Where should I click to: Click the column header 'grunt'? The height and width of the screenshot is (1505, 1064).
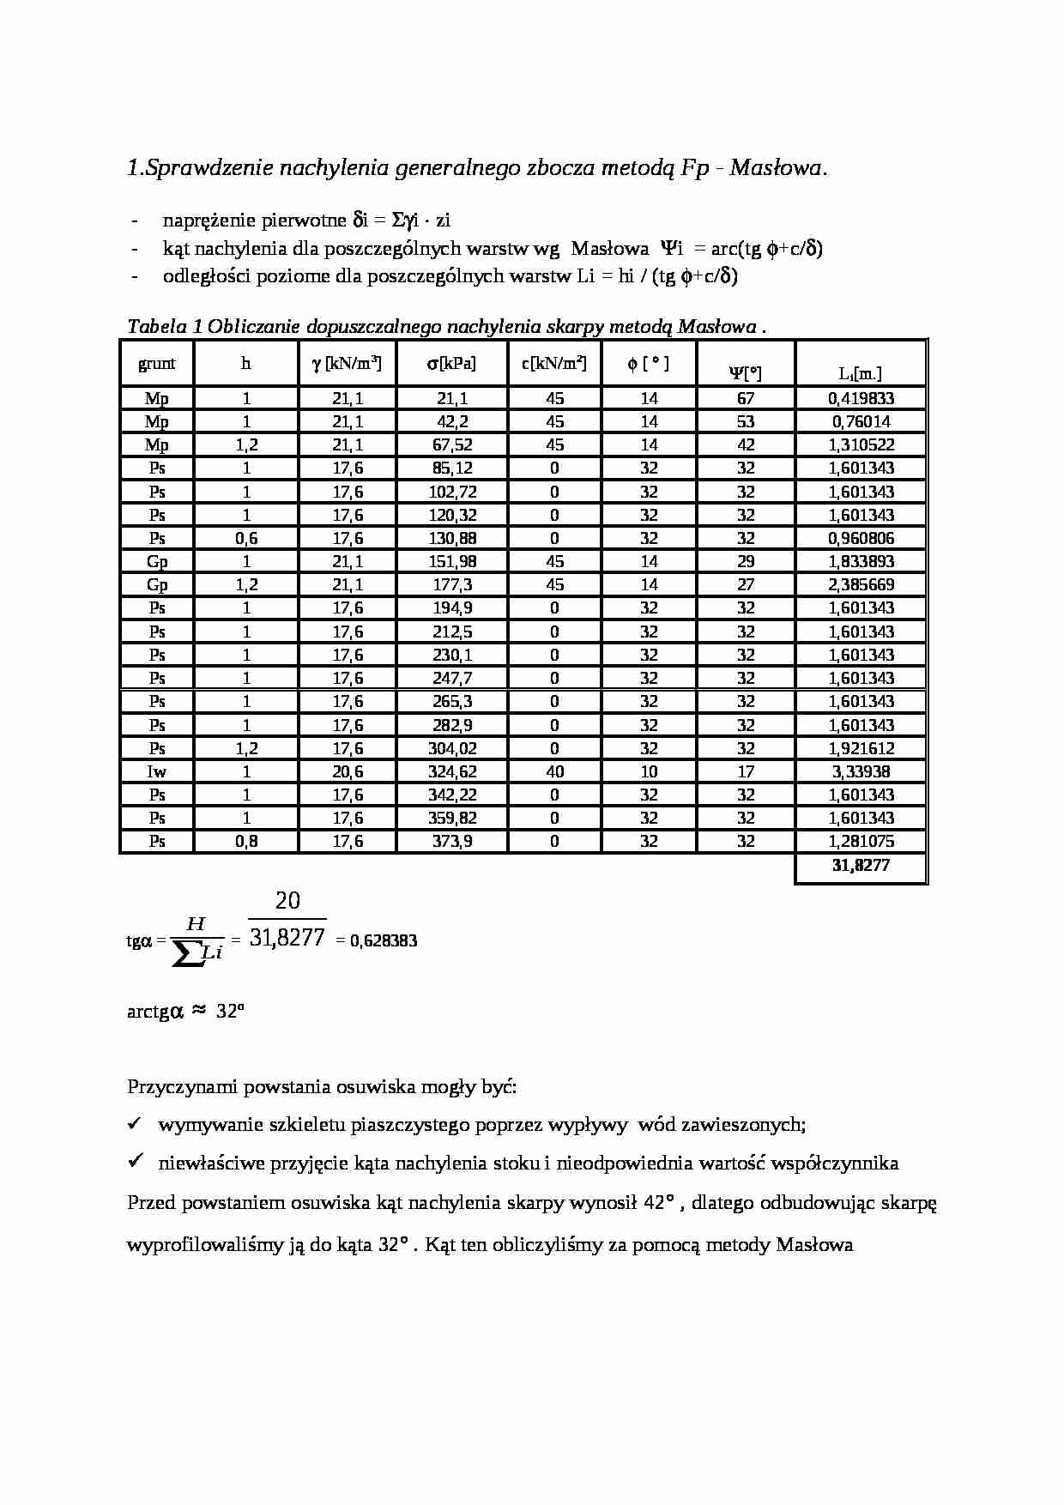point(156,363)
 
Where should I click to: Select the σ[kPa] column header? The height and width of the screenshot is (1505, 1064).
point(451,363)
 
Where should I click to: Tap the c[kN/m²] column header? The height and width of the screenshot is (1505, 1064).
point(554,363)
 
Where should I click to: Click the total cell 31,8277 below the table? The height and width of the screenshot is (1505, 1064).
point(861,865)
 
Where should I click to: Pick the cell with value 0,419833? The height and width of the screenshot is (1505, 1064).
point(861,398)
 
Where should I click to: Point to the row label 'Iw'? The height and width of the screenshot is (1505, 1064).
point(156,771)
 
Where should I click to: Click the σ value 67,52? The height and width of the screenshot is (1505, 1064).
point(451,444)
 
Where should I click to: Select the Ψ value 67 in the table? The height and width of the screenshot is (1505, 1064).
point(746,398)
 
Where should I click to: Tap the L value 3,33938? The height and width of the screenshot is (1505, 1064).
point(861,771)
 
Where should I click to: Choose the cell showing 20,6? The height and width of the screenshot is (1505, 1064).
point(348,771)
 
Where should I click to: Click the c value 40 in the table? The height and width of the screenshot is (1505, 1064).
point(554,771)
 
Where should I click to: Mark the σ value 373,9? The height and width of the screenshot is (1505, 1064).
point(451,841)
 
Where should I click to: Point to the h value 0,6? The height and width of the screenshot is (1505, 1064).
point(246,538)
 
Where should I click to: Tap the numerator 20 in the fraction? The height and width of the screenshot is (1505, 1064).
point(287,901)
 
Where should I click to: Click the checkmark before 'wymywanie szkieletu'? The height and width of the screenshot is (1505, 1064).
point(135,1123)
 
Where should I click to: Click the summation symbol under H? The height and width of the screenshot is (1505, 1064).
point(189,954)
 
